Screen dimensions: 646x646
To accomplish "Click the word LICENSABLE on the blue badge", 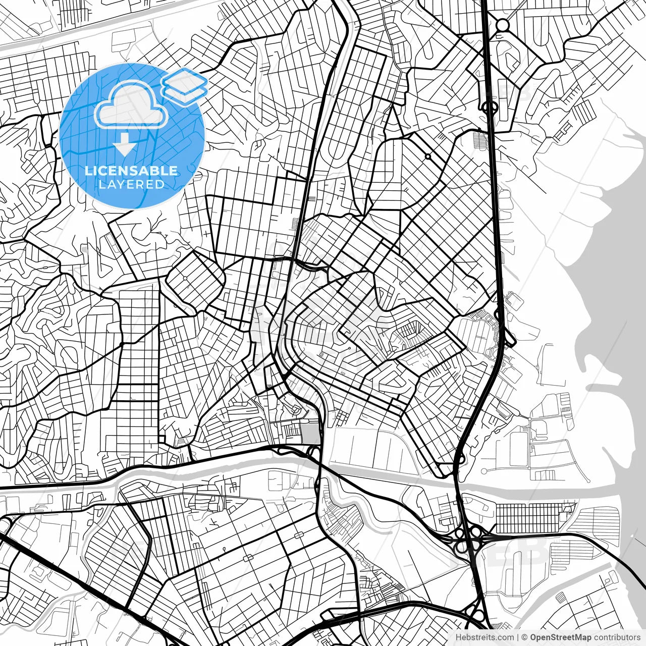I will click(131, 171).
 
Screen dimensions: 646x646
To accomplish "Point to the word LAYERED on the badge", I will click(131, 185).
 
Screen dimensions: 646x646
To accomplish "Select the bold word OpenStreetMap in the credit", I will click(561, 637).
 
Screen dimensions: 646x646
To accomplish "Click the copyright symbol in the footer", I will click(524, 637).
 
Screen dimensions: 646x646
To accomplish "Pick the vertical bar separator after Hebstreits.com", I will click(518, 637).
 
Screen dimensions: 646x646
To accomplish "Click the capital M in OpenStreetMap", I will click(579, 637).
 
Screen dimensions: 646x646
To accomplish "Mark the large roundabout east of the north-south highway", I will click(503, 24).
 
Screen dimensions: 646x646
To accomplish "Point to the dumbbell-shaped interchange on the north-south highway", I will click(489, 106).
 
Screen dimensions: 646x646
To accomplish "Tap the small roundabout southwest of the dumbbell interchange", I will click(428, 156).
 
